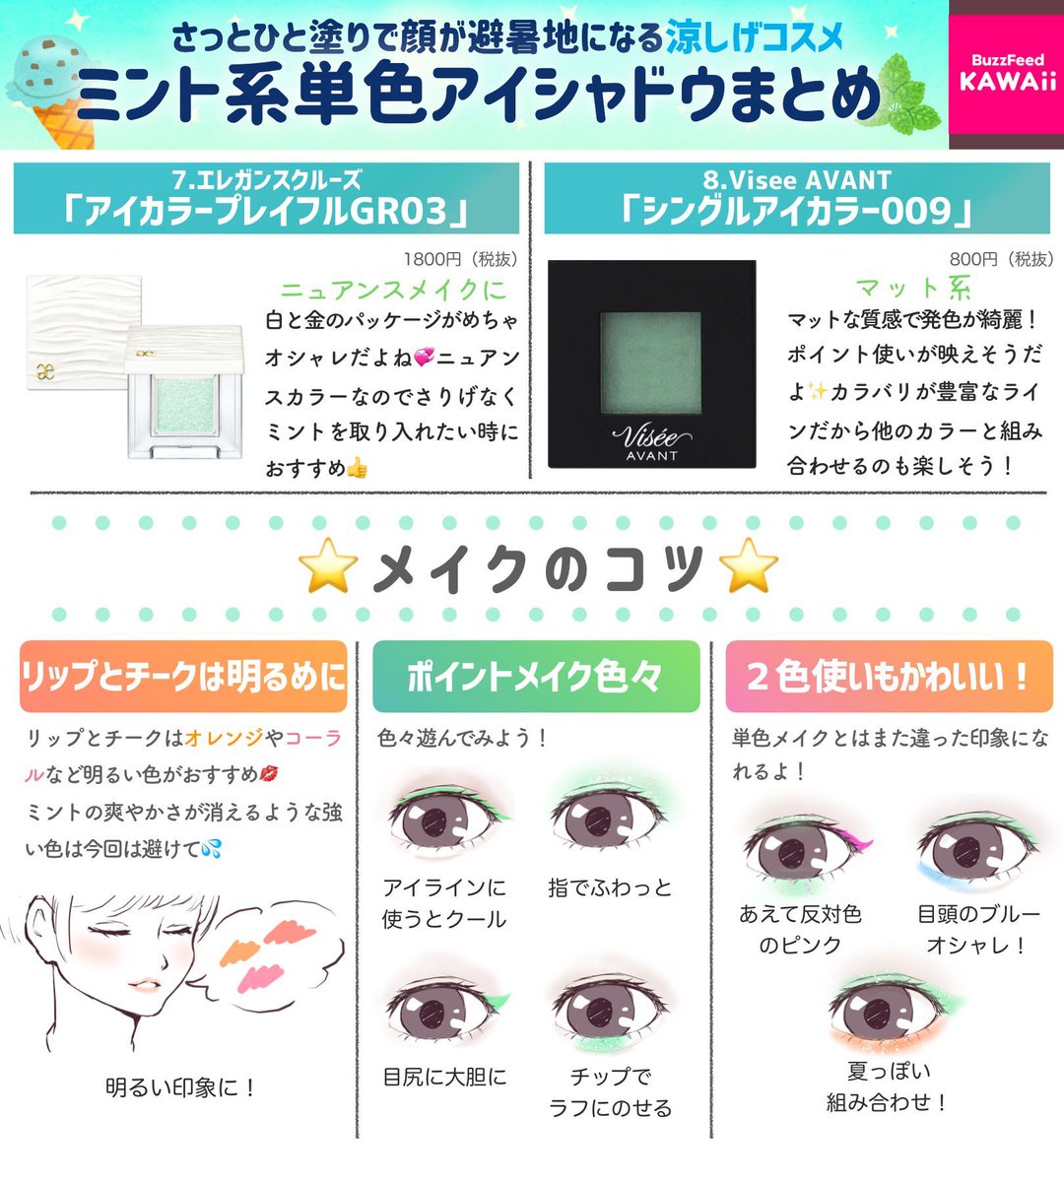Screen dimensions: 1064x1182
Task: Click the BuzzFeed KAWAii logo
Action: point(1007,74)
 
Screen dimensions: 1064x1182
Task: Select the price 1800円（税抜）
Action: point(460,259)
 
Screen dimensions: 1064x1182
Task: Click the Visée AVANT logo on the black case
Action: point(651,441)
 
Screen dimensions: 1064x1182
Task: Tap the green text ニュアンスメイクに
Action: point(394,290)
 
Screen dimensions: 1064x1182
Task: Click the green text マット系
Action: point(913,288)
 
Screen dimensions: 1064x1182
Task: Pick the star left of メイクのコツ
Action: point(327,566)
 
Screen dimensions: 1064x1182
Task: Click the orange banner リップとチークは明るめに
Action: point(183,677)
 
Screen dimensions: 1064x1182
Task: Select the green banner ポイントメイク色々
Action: point(536,677)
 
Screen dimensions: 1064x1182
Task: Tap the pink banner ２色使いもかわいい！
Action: point(889,677)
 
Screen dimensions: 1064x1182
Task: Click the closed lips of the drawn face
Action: point(143,985)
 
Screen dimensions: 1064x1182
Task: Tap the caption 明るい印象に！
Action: point(182,1087)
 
